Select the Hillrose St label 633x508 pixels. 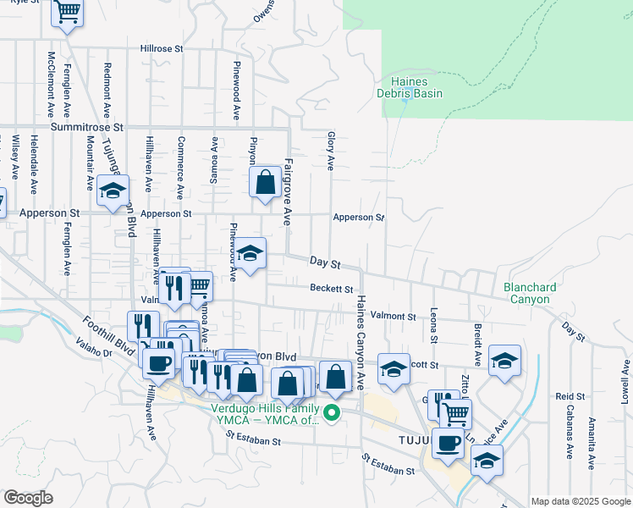point(162,49)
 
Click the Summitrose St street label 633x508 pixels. point(86,126)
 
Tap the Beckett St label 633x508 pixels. point(331,289)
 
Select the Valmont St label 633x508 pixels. point(399,316)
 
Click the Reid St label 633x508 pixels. point(570,396)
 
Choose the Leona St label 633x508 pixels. point(434,325)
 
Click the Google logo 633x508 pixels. point(28,497)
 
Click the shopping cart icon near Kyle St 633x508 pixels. point(67,13)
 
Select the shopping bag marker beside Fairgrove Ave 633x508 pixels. point(265,181)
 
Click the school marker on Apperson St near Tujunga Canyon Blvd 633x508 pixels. point(113,190)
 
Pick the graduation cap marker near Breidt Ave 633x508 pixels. point(504,360)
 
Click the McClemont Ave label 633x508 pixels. point(51,85)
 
